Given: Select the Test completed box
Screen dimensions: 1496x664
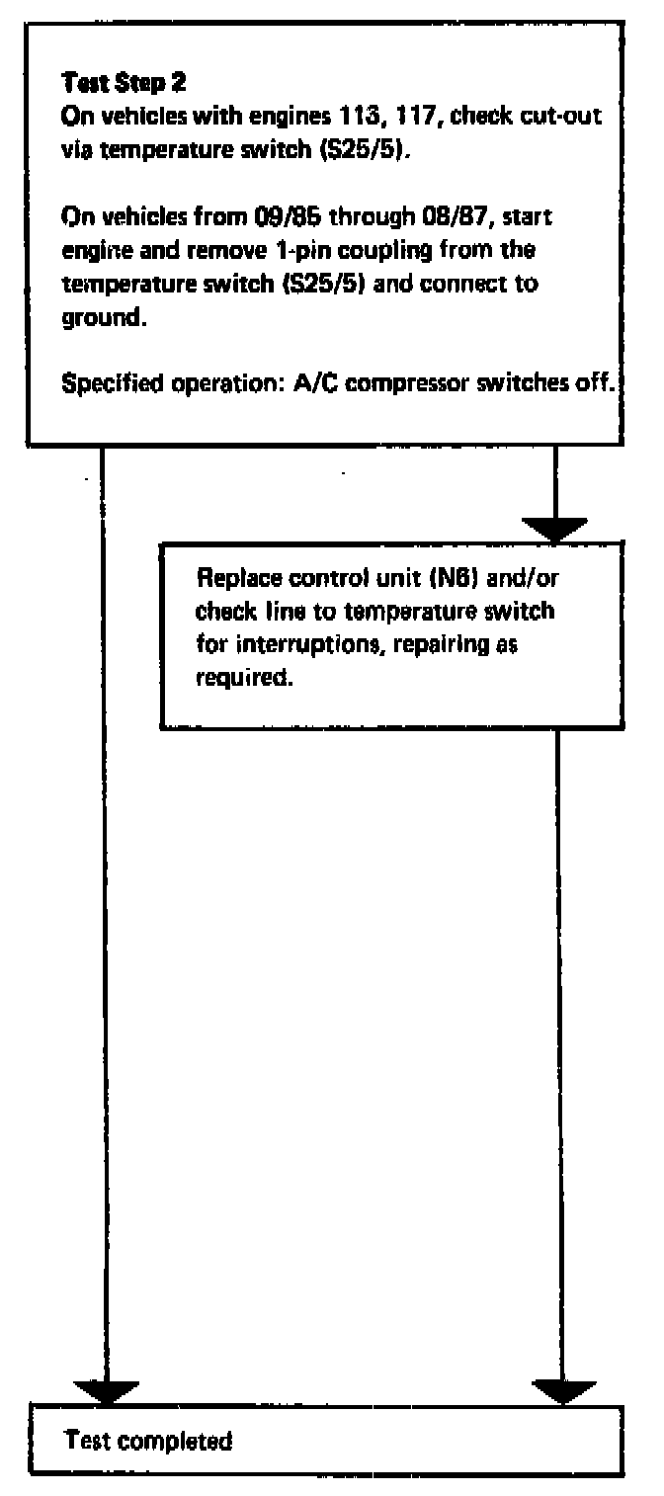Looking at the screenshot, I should pyautogui.click(x=326, y=1441).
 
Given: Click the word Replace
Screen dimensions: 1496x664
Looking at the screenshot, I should pyautogui.click(x=233, y=578).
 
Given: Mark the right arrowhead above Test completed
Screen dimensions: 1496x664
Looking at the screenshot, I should pyautogui.click(x=562, y=1391).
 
